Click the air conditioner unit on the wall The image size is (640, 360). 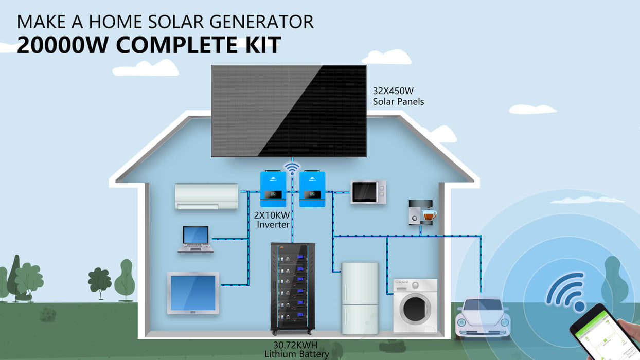(206, 196)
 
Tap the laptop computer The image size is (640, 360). (196, 239)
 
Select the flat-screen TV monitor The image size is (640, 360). (193, 293)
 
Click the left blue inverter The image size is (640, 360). (273, 189)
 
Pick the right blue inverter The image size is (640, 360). (312, 189)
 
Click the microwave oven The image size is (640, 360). (368, 192)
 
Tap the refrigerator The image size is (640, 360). (360, 298)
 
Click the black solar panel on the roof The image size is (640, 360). (289, 111)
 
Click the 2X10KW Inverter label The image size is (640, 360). (272, 220)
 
